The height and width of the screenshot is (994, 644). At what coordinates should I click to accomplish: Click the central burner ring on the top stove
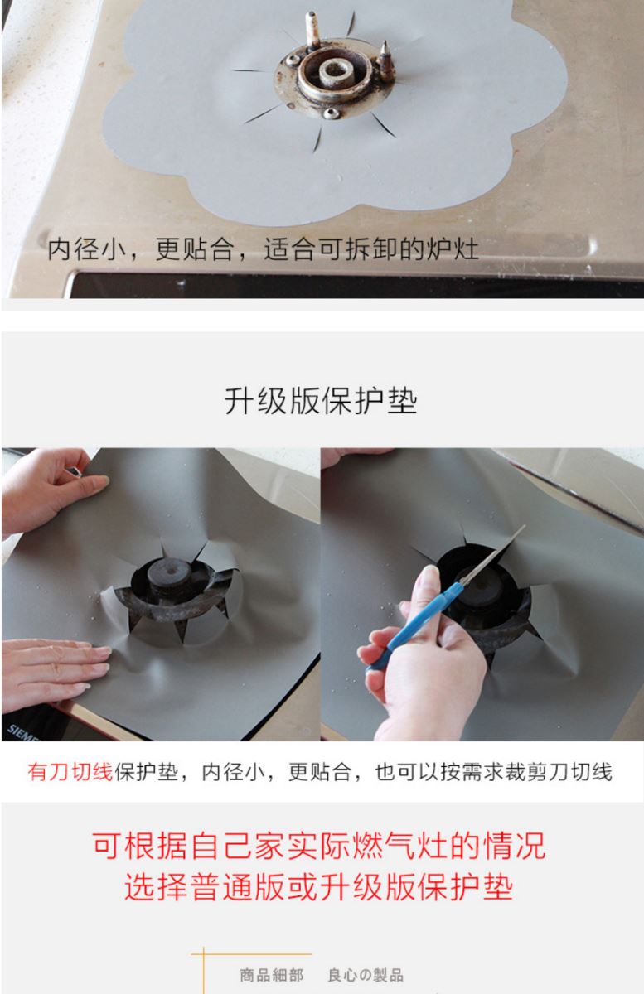(333, 71)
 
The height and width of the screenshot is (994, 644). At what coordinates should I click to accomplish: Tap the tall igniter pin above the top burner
(312, 29)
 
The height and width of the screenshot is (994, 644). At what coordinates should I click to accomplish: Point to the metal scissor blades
(493, 554)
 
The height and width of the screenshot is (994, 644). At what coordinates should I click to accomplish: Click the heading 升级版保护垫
(321, 401)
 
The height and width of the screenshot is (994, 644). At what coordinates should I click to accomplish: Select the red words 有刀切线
(70, 772)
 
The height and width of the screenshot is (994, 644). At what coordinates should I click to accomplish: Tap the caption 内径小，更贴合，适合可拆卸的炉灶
(263, 249)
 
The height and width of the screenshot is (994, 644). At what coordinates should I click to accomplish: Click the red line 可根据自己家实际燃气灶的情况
(319, 847)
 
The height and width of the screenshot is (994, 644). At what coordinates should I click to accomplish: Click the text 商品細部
(272, 975)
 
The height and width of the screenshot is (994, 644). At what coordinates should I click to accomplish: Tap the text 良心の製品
(366, 975)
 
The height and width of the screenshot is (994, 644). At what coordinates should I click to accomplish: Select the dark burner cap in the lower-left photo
(169, 575)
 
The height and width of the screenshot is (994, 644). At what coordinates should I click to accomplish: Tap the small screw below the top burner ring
(331, 113)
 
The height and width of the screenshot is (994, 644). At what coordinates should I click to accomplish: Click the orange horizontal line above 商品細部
(251, 953)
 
